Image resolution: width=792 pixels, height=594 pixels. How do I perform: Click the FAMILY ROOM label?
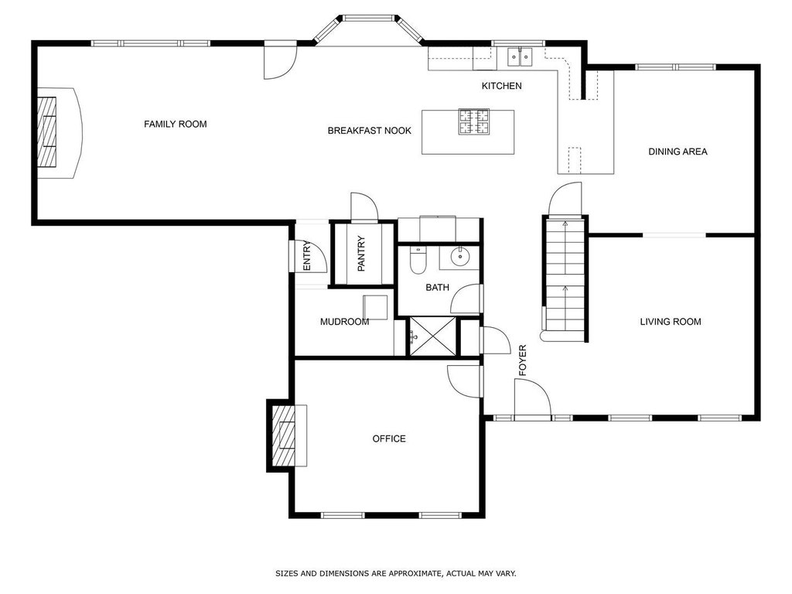[x=176, y=124]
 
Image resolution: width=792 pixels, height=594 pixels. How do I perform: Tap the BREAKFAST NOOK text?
[x=369, y=130]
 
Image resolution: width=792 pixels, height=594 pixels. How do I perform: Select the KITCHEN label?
[x=501, y=86]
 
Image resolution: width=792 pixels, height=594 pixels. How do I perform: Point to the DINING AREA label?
[x=678, y=151]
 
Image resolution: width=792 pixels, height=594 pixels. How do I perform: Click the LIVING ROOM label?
[x=671, y=321]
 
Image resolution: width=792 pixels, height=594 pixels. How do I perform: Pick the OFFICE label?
[x=389, y=439]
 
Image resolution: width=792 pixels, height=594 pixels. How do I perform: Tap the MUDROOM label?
[x=344, y=322]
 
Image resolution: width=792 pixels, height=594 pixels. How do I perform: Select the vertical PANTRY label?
[x=361, y=254]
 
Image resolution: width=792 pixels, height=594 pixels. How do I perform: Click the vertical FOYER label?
[x=523, y=360]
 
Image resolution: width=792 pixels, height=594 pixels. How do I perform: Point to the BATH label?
[x=438, y=288]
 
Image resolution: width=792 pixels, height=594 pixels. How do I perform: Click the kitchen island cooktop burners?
[x=474, y=121]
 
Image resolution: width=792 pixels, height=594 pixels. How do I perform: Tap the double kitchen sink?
[x=520, y=56]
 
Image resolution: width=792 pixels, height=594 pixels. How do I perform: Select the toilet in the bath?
[x=418, y=260]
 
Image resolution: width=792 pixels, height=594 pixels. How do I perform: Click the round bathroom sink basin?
[x=460, y=257]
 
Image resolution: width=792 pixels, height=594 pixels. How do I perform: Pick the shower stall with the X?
[x=432, y=336]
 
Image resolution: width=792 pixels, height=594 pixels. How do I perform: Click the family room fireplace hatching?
[x=47, y=131]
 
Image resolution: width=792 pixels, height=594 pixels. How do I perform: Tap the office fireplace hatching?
[x=283, y=435]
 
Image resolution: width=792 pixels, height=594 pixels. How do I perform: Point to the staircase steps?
[x=565, y=275]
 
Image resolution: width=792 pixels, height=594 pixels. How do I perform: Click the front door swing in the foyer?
[x=532, y=398]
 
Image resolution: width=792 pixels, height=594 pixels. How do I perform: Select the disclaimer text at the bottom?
[x=395, y=573]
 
